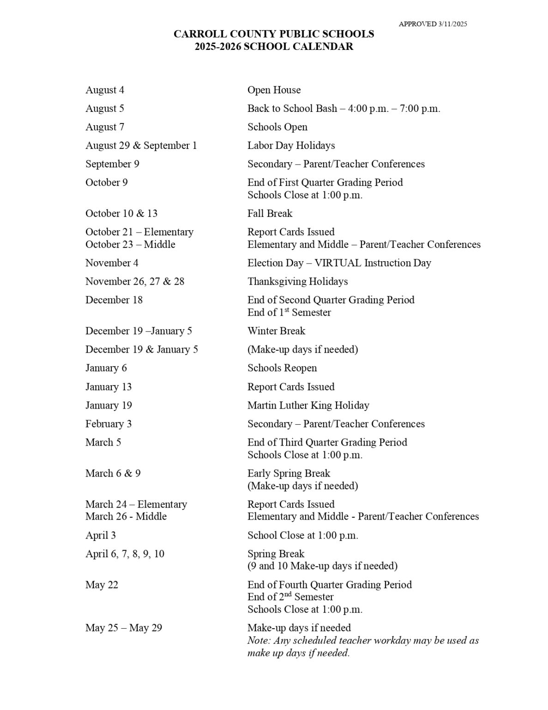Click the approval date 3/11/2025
click(452, 24)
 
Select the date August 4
click(105, 90)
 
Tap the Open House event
click(274, 90)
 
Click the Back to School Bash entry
click(343, 109)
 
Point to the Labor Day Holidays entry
click(291, 146)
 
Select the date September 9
click(112, 164)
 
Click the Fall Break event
click(270, 214)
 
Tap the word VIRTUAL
click(337, 263)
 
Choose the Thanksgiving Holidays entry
click(297, 282)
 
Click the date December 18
click(114, 300)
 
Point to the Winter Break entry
click(276, 331)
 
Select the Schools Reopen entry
click(282, 368)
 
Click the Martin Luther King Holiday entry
click(308, 405)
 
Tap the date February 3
click(108, 424)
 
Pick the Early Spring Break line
click(289, 473)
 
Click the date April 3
click(101, 535)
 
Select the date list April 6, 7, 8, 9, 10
click(125, 554)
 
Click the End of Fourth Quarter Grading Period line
click(329, 585)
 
